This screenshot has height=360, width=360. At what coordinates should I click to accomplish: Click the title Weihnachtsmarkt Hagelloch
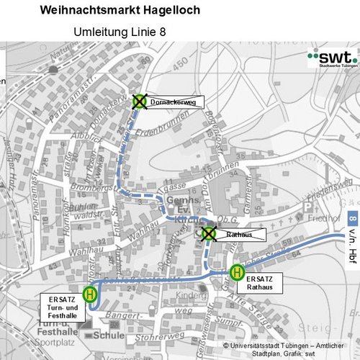120,11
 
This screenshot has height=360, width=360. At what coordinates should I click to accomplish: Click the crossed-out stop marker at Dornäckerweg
139,102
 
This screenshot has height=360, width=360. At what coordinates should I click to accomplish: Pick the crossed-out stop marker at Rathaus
209,233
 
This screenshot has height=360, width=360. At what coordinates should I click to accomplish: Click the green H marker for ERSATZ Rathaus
236,272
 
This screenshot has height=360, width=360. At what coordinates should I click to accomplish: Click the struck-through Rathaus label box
240,235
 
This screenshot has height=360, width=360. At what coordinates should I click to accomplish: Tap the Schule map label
110,335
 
